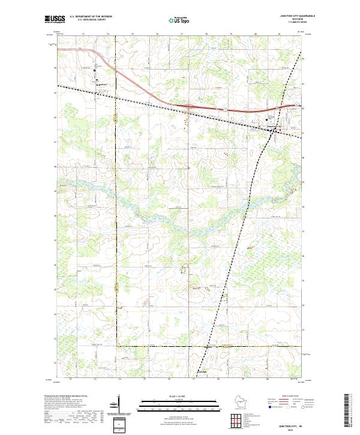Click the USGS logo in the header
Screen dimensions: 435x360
[x=55, y=19]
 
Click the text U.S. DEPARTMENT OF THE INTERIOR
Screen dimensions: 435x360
[x=91, y=17]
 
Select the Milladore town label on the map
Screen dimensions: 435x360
[x=101, y=84]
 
